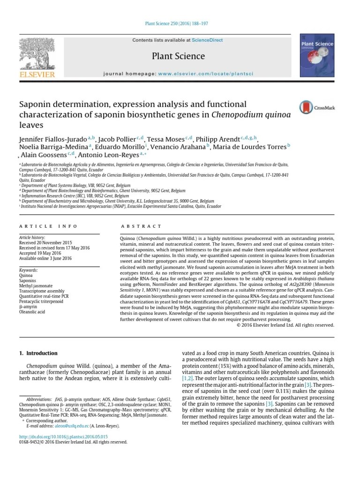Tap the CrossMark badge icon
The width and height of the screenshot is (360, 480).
pyautogui.click(x=307, y=107)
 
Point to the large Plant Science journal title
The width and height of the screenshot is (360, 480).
pyautogui.click(x=179, y=56)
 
